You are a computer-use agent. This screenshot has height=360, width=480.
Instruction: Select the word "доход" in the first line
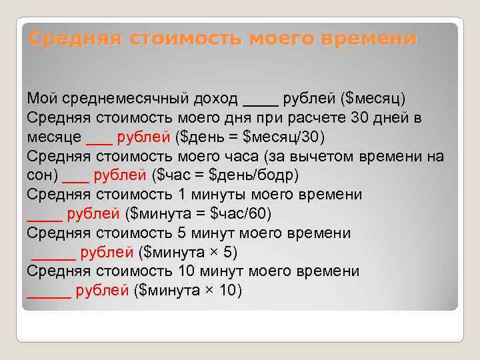(217, 99)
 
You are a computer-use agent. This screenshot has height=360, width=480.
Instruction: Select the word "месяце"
(54, 137)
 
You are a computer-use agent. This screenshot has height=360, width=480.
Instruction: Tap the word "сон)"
(42, 176)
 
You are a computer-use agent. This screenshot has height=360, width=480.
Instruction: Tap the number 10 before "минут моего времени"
(188, 271)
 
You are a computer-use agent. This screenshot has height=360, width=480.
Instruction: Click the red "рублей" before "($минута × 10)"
(103, 291)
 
